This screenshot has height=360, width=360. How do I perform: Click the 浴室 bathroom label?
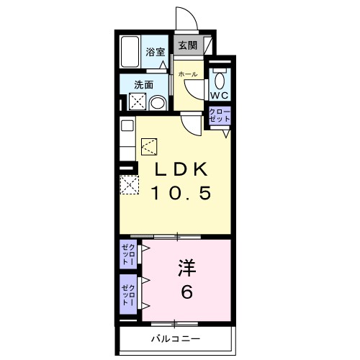(156, 52)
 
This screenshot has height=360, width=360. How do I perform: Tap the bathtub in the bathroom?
(130, 53)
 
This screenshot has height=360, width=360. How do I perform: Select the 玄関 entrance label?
(186, 45)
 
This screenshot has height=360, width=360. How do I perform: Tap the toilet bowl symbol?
(220, 77)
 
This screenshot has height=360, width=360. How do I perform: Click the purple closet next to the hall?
(219, 116)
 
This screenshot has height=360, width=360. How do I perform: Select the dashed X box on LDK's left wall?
(130, 186)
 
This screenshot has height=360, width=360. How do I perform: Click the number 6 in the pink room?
(186, 292)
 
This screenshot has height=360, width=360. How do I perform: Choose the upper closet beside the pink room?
(127, 255)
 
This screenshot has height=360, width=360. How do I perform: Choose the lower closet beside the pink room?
(127, 294)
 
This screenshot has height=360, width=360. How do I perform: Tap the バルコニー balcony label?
(176, 338)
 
